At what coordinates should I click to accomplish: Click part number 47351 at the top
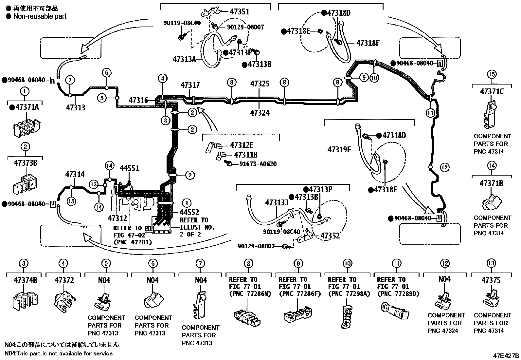[x=239, y=12]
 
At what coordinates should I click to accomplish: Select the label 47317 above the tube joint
[x=190, y=85]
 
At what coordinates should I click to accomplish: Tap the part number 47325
[x=260, y=84]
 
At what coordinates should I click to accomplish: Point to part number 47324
[x=260, y=113]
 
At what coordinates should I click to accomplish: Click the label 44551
[x=129, y=168]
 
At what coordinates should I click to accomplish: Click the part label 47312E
[x=242, y=145]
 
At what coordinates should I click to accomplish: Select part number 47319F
[x=339, y=150]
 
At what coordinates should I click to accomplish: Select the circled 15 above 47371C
[x=492, y=74]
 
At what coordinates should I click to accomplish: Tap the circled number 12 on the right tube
[x=444, y=167]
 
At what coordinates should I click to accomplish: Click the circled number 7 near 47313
[x=70, y=80]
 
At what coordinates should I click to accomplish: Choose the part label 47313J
[x=277, y=203]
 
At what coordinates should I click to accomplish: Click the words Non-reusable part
[x=40, y=16]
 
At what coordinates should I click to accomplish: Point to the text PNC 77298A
[x=349, y=294]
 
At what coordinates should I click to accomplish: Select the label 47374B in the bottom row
[x=25, y=280]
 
